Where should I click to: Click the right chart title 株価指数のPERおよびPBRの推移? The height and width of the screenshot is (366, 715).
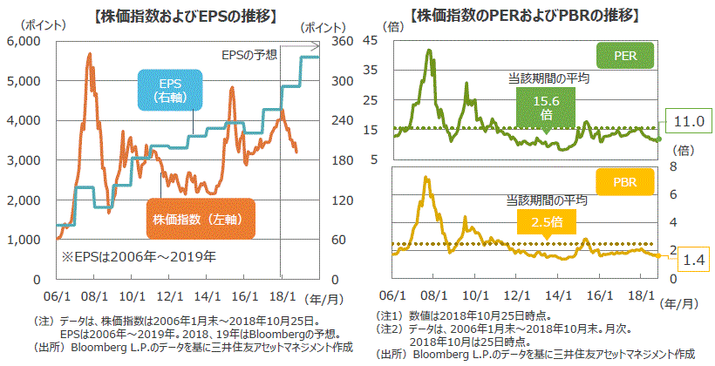(526, 16)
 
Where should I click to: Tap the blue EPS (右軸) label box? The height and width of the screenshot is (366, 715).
(170, 91)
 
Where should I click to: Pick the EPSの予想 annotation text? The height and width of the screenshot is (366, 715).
(249, 55)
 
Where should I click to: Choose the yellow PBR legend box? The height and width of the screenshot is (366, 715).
(624, 182)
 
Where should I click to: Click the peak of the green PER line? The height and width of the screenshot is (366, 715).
(428, 51)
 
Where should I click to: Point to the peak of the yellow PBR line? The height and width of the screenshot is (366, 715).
(426, 178)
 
